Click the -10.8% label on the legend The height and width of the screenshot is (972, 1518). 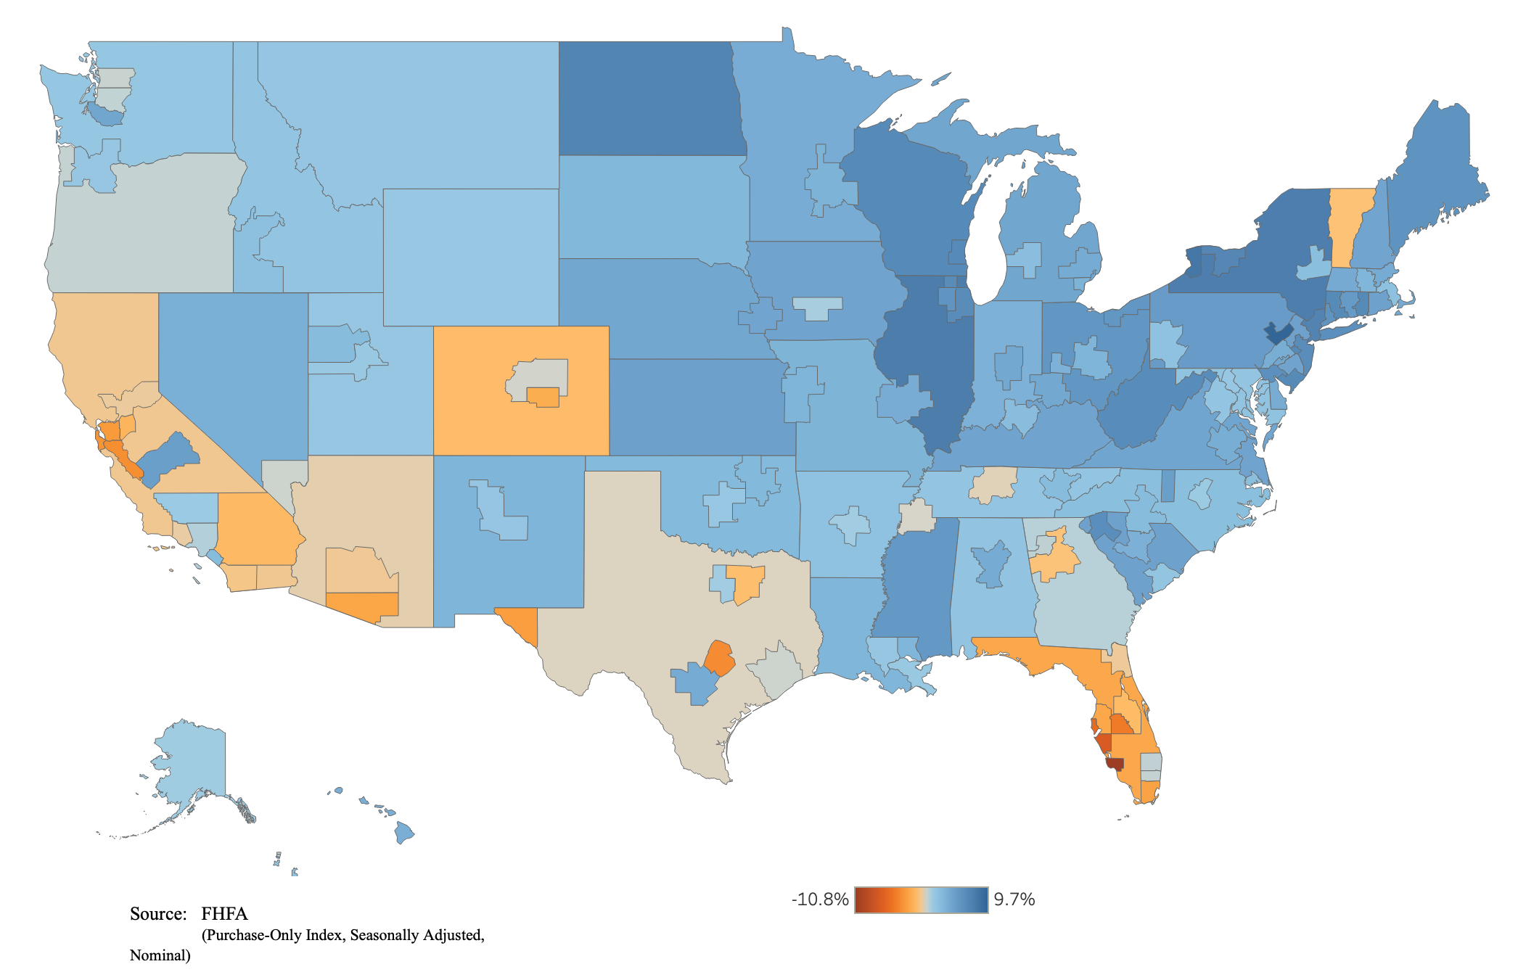coord(820,899)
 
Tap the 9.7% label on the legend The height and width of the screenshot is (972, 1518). coord(1014,899)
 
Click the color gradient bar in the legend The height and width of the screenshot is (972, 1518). coord(921,899)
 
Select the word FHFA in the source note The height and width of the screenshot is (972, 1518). coord(224,913)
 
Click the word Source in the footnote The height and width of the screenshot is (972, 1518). coord(157,913)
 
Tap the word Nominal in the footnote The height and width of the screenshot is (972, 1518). coord(159,955)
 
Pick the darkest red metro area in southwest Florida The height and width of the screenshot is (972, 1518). coord(1115,765)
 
